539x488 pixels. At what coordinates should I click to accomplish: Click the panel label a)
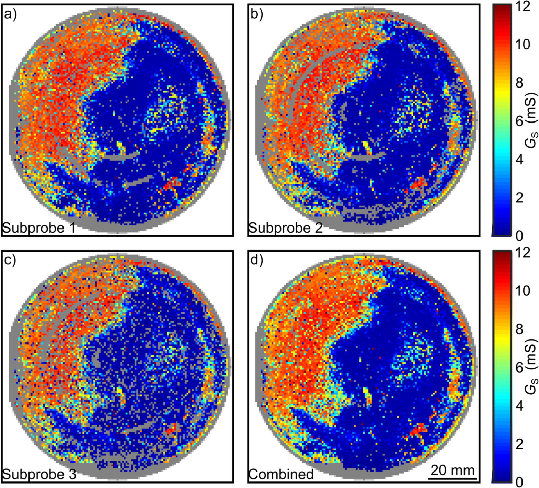pos(10,15)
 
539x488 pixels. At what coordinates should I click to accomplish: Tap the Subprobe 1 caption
pos(38,228)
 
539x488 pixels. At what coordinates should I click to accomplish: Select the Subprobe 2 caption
pos(285,228)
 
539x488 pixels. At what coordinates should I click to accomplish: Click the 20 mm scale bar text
pos(452,470)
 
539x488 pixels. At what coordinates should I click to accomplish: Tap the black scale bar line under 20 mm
pos(452,478)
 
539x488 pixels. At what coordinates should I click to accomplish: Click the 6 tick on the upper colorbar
pos(519,121)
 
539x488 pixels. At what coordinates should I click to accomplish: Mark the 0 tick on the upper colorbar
pos(519,236)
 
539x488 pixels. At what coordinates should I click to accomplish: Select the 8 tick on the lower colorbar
pos(519,329)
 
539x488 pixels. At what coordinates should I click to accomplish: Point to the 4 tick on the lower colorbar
pos(519,406)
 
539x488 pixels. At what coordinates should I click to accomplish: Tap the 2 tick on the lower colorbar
pos(519,444)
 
